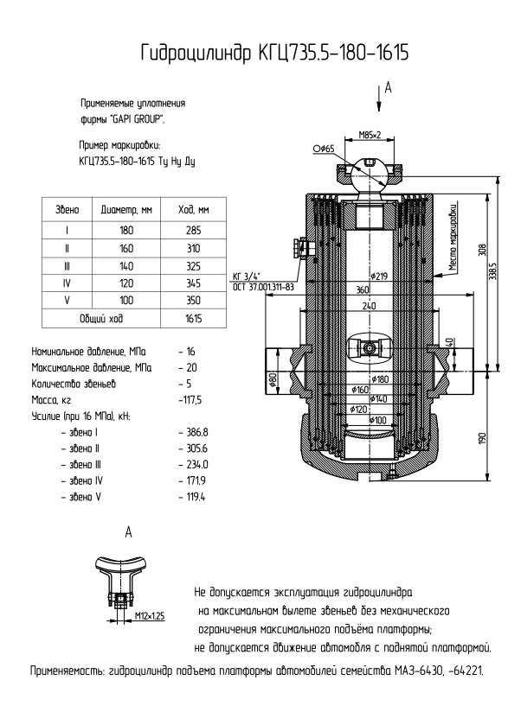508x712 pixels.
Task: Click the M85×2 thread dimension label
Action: pos(370,135)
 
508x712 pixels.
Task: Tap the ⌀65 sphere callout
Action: pos(324,149)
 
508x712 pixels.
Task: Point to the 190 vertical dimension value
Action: pos(483,439)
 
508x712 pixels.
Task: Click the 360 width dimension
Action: pos(363,289)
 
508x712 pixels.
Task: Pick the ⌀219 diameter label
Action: pos(378,276)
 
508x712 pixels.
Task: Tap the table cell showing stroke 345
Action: pos(193,283)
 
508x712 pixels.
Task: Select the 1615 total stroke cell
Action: pos(193,318)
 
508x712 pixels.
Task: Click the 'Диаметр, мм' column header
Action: pos(126,210)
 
